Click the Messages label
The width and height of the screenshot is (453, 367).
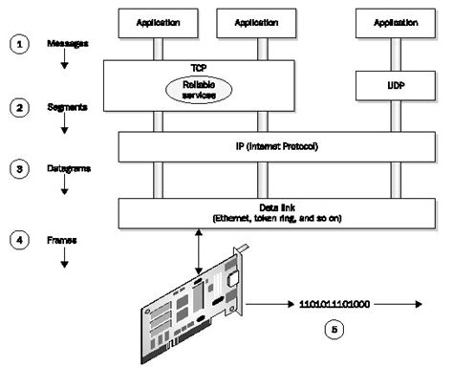click(x=69, y=43)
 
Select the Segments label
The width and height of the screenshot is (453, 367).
click(x=69, y=108)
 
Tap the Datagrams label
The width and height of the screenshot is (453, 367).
click(x=71, y=169)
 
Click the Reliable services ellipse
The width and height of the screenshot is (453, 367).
click(x=192, y=87)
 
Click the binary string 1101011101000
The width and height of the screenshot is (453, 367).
click(x=334, y=303)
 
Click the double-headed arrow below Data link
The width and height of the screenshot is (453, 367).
click(x=196, y=254)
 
